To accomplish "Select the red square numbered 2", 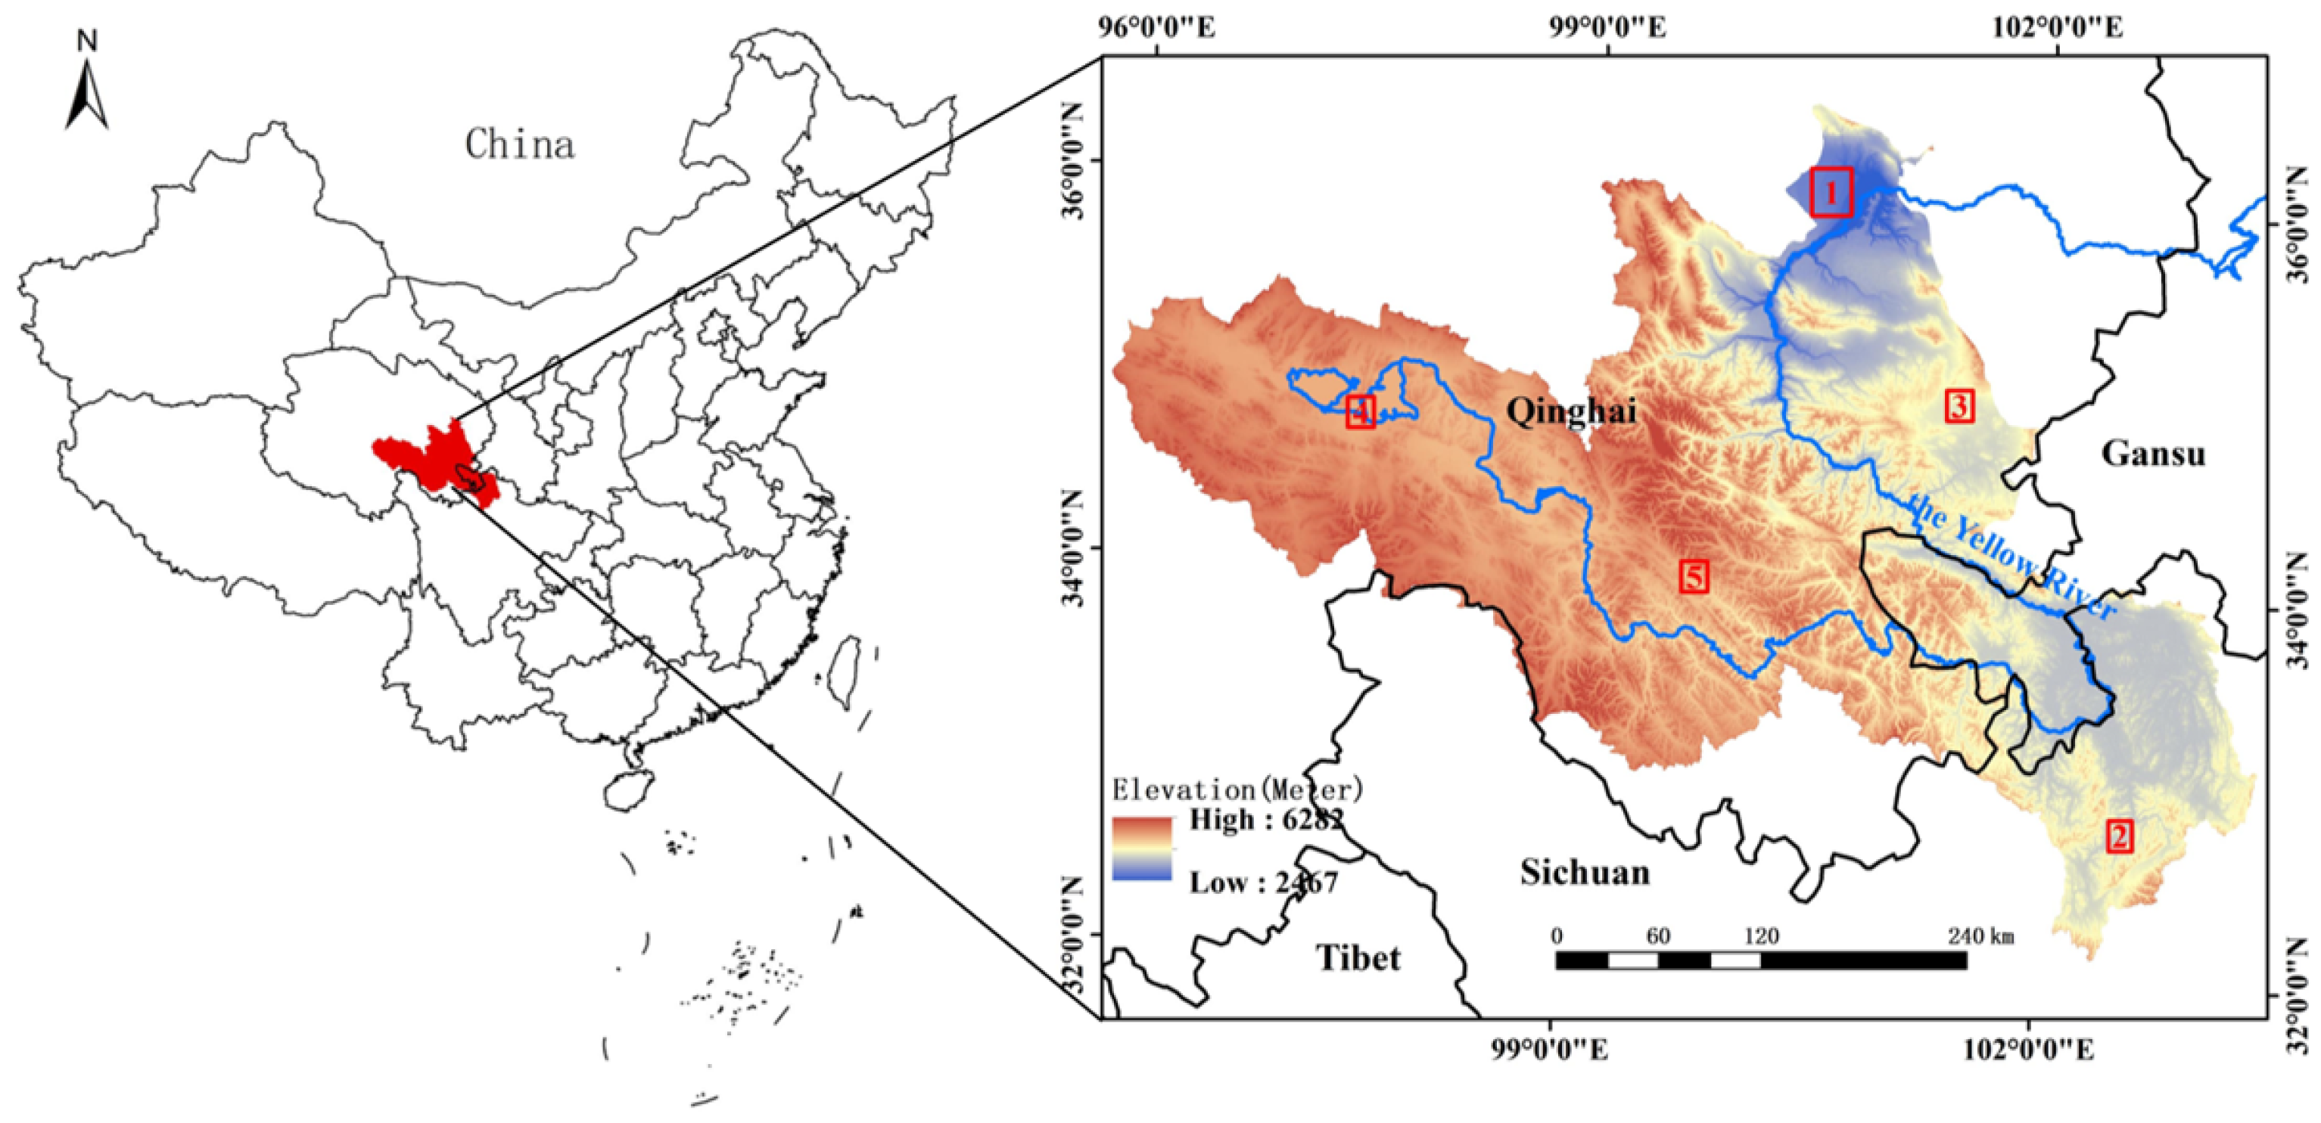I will point(2119,836).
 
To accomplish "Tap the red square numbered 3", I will point(1959,406).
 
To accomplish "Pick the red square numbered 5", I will point(1694,575).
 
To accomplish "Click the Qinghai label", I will point(1571,411).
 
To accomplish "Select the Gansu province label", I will point(2154,453).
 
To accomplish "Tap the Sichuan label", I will point(1585,872).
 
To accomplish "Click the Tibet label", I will point(1358,957).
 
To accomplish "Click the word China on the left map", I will point(519,144).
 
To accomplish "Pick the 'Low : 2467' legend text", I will point(1263,883).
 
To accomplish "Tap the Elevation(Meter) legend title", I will point(1237,790).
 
